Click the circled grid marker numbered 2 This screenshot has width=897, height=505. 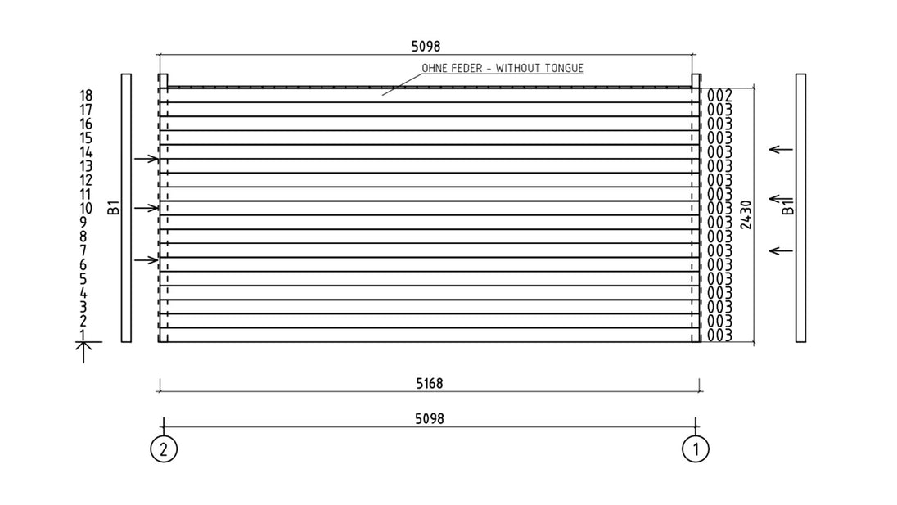click(x=164, y=449)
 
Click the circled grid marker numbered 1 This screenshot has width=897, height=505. click(x=696, y=449)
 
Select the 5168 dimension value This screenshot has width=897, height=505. click(x=429, y=383)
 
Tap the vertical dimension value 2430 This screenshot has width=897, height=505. click(x=746, y=214)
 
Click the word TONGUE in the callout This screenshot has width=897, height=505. click(x=563, y=68)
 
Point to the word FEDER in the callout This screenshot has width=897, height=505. click(x=467, y=68)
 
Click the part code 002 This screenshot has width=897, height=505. click(x=719, y=96)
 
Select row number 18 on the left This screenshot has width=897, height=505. click(x=86, y=96)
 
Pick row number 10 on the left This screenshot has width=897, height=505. click(x=86, y=208)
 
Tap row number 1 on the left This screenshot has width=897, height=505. click(x=83, y=335)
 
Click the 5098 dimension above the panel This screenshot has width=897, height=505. click(x=426, y=47)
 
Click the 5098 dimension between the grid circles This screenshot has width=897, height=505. click(x=429, y=418)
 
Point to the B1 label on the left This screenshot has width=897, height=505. click(x=114, y=207)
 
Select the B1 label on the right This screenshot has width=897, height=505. click(x=788, y=206)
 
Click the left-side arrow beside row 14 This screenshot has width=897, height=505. click(x=146, y=159)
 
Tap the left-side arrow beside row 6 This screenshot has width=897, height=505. click(x=146, y=260)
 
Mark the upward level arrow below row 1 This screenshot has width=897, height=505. click(x=83, y=352)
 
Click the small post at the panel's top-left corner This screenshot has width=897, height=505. click(x=163, y=81)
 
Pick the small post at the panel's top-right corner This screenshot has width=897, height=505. click(x=696, y=81)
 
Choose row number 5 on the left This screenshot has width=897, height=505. click(x=83, y=278)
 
